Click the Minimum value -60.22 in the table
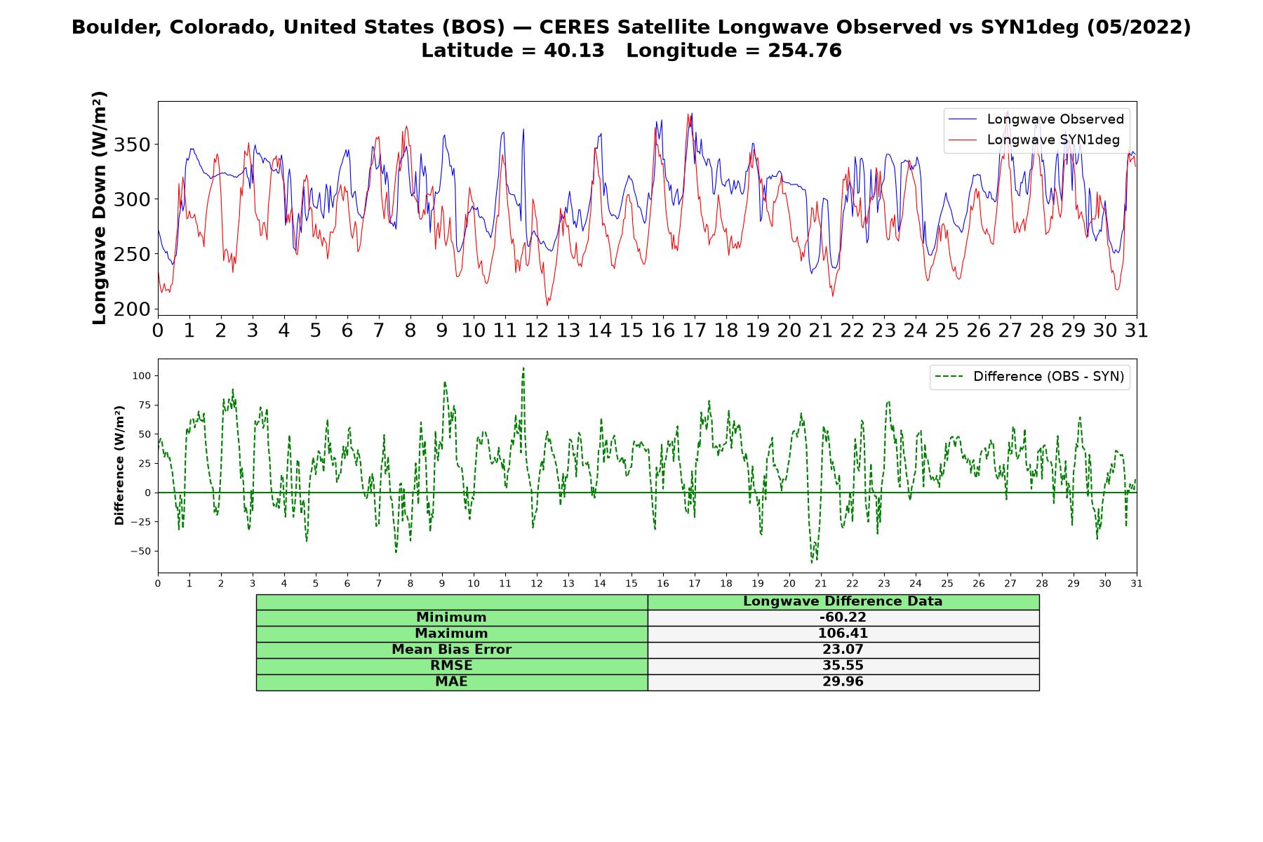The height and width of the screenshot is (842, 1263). pos(843,617)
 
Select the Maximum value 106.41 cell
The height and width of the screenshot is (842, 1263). pos(843,634)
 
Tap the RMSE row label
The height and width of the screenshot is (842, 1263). pos(451,666)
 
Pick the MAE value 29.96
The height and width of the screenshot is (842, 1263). pos(843,682)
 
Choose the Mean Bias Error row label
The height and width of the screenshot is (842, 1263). pos(451,650)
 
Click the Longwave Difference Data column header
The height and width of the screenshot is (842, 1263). pos(843,601)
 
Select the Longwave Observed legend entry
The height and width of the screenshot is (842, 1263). pos(1036,119)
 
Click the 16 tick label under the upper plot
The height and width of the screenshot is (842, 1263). pos(662,330)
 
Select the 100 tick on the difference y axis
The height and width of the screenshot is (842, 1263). pos(141,376)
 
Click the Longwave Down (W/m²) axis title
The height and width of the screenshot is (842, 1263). pos(100,208)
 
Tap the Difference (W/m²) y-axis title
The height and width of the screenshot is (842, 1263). pos(119,465)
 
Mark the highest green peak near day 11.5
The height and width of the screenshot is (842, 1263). pos(523,368)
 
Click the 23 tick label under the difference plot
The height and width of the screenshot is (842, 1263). pos(884,583)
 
